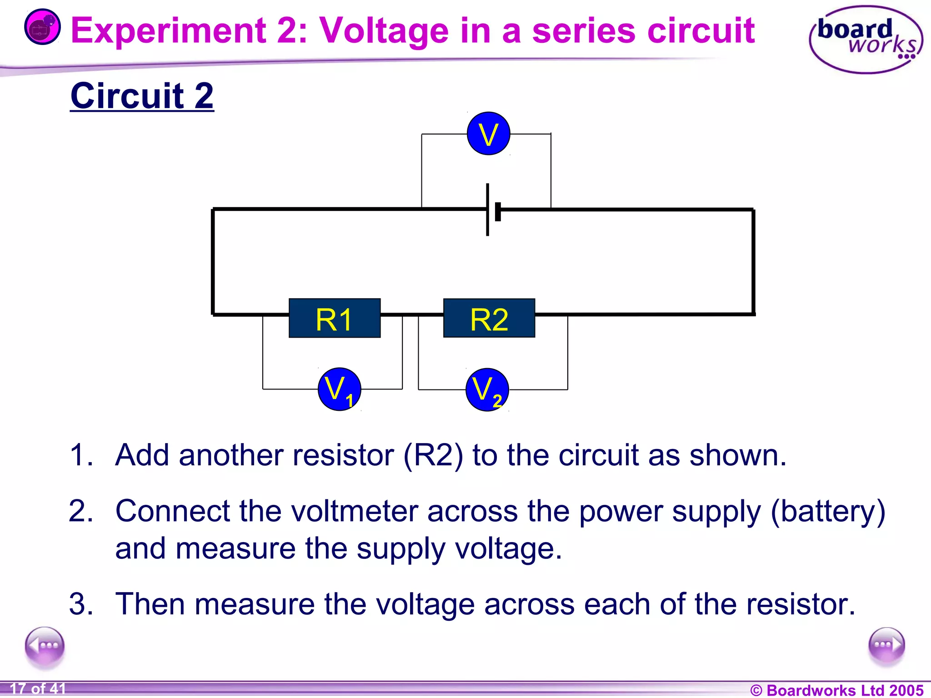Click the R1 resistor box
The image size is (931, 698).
pos(335,318)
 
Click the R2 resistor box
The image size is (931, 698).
pos(489,318)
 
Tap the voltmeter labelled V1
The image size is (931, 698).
pos(339,389)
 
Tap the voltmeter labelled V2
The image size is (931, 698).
pos(487,390)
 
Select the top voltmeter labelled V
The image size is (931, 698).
pos(488,134)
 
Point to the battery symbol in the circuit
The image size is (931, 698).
pos(492,210)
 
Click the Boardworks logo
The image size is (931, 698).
pos(866,40)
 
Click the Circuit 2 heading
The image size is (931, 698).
pos(142,96)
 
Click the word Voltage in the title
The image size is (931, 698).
pos(385,31)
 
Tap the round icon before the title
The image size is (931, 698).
pos(42,27)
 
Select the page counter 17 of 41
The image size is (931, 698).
pos(38,689)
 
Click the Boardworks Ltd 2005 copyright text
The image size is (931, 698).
pos(836,690)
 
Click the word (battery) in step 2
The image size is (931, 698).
pos(828,512)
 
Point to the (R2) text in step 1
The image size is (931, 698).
pos(433,455)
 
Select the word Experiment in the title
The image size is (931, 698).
pos(168,31)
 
